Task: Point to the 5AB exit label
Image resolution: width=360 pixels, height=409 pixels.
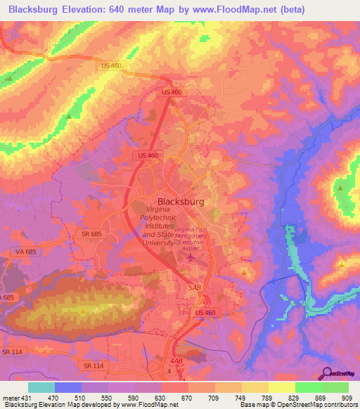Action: click(x=193, y=287)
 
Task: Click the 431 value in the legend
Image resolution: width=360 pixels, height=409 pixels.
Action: click(x=27, y=397)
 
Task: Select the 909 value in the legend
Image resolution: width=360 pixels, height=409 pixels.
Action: click(x=347, y=397)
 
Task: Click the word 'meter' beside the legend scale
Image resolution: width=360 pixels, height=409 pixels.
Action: click(x=10, y=397)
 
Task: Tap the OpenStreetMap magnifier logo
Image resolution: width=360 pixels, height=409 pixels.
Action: click(x=326, y=374)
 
